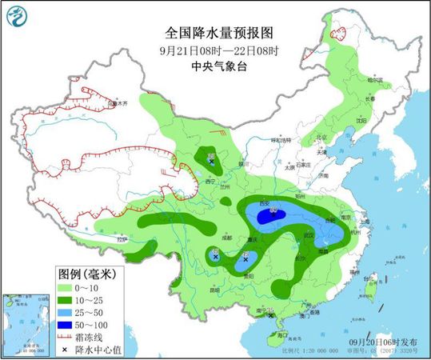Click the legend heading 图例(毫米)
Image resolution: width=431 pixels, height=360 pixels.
[x=88, y=273]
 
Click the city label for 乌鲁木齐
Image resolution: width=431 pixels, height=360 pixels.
[x=118, y=104]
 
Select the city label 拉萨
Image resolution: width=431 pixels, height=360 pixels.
[x=120, y=239]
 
